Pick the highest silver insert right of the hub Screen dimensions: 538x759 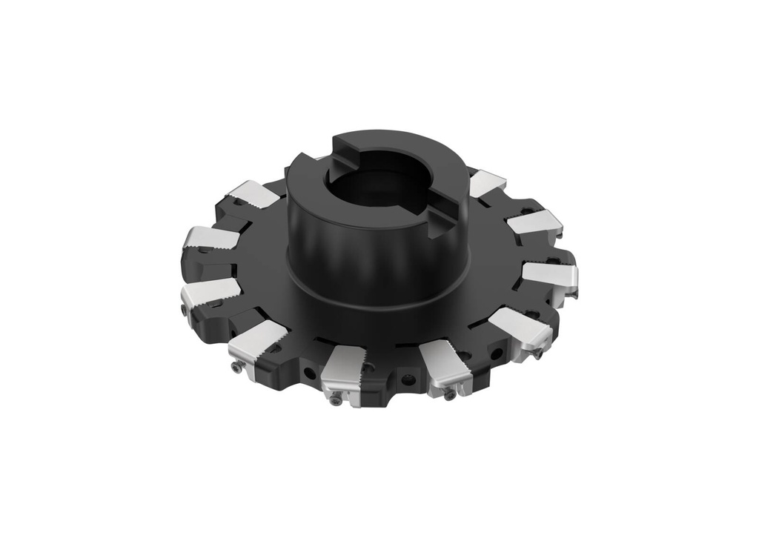487,182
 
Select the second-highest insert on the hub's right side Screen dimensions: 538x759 534,222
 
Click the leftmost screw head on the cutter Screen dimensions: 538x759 183,305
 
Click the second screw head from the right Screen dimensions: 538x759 449,395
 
